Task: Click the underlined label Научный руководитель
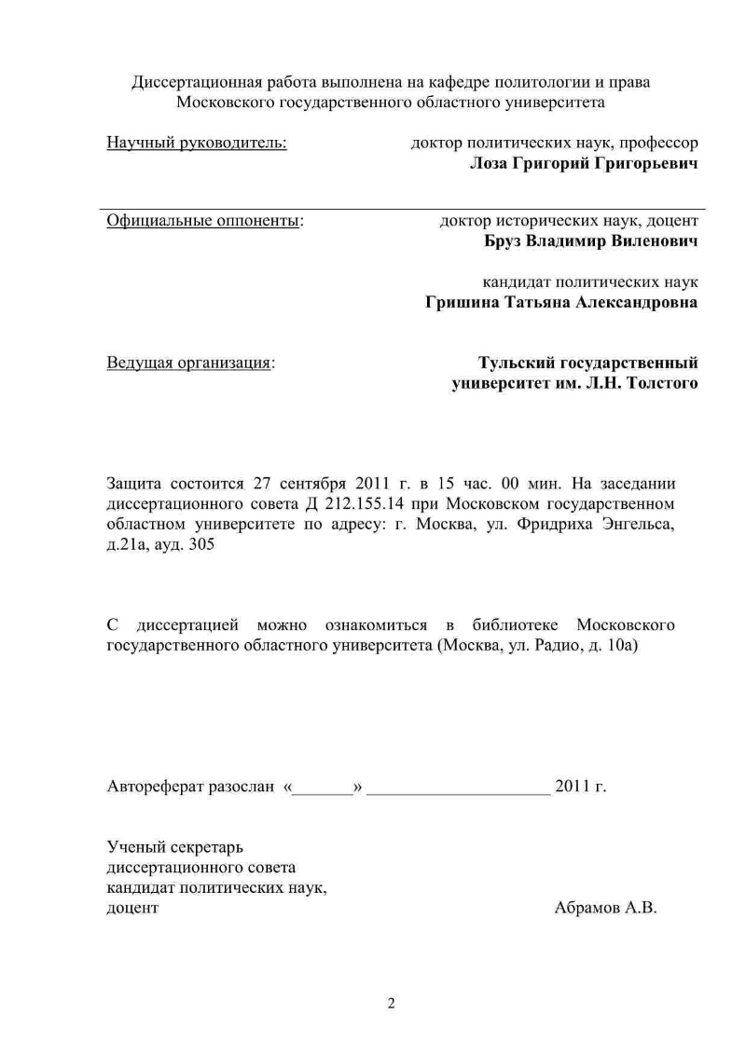(197, 144)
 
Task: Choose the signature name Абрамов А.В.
(605, 908)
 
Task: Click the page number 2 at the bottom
(392, 1004)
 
